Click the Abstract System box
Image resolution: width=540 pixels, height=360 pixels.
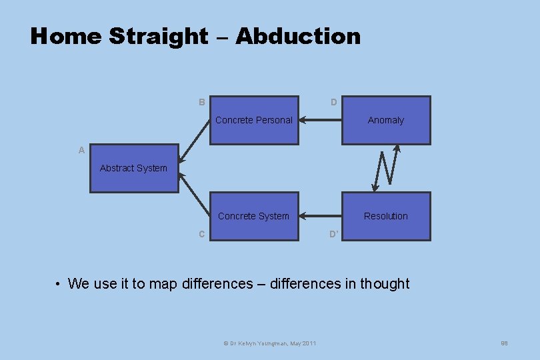coord(134,168)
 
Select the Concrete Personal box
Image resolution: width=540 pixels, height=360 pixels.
coord(254,120)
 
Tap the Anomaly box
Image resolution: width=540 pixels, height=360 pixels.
coord(386,120)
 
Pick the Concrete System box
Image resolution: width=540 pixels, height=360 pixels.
coord(254,216)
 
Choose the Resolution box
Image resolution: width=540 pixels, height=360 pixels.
coord(386,216)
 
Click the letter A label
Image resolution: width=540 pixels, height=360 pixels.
coord(81,151)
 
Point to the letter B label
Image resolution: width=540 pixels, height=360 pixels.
coord(201,103)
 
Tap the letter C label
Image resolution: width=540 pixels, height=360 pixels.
coord(201,234)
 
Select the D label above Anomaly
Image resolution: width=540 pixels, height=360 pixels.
coord(334,103)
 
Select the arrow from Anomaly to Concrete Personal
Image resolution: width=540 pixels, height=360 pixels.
coord(320,121)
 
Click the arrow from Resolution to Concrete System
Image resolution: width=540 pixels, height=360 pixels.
coord(320,216)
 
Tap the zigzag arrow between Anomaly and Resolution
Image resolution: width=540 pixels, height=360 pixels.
coord(387,168)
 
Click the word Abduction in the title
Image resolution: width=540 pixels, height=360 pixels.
coord(297,36)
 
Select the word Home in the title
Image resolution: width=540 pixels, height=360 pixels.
coord(67,36)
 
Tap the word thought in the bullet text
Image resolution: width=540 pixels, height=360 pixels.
coord(385,284)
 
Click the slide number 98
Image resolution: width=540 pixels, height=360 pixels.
coord(505,343)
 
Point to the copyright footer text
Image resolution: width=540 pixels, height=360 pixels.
coord(269,343)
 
